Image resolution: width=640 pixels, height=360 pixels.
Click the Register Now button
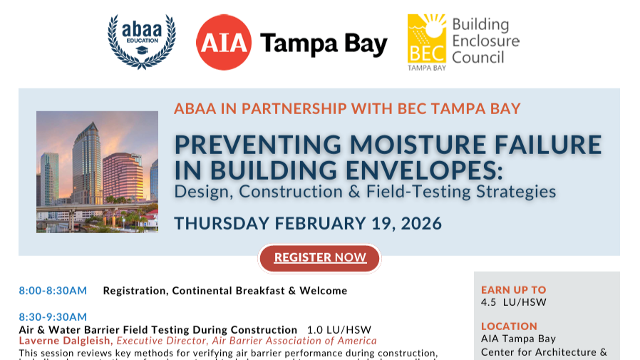coord(319,257)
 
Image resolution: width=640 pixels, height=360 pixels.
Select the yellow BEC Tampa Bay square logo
coord(426,41)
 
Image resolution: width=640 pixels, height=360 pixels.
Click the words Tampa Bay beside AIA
coord(323,44)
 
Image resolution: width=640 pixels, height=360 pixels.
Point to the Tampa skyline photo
coord(97,171)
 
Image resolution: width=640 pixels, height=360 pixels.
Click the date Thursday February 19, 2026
coord(308,222)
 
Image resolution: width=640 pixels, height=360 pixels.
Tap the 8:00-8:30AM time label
coord(53,291)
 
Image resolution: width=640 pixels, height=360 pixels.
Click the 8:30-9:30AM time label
coord(53,317)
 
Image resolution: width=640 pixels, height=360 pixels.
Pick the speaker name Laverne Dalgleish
coord(63,341)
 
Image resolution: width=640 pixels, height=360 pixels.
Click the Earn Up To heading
coord(513,290)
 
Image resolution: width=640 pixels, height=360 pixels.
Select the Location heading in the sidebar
coord(509,326)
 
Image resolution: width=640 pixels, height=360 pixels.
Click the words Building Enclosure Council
coord(485,41)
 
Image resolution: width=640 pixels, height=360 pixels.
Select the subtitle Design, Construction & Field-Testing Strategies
coord(365,192)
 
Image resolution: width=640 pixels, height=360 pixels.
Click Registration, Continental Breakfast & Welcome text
coord(225,291)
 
